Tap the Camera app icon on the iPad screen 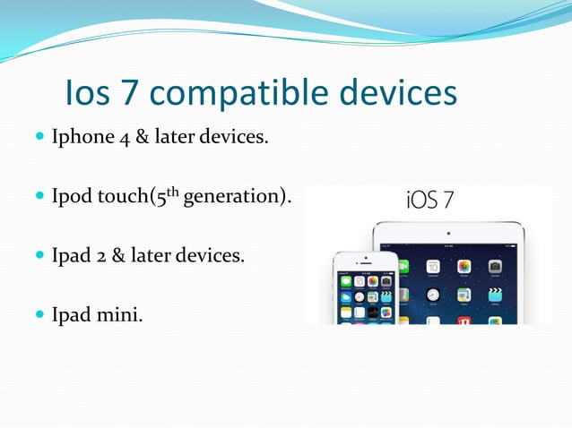coord(494,267)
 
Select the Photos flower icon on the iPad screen coord(464,267)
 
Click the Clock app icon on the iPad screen coord(433,295)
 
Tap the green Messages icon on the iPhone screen coord(346,281)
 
